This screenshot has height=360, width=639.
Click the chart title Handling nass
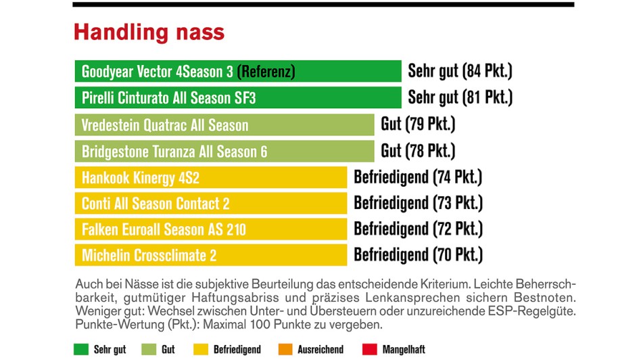coord(149,32)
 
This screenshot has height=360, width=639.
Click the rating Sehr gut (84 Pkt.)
coord(460,71)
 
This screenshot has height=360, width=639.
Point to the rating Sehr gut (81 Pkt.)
coord(460,97)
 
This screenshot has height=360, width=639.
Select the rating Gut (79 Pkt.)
coord(418,125)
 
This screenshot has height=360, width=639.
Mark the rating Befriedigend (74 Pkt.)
coord(418,177)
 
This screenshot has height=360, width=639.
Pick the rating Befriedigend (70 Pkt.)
coord(418,255)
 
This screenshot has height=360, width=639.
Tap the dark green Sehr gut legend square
coord(81,350)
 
